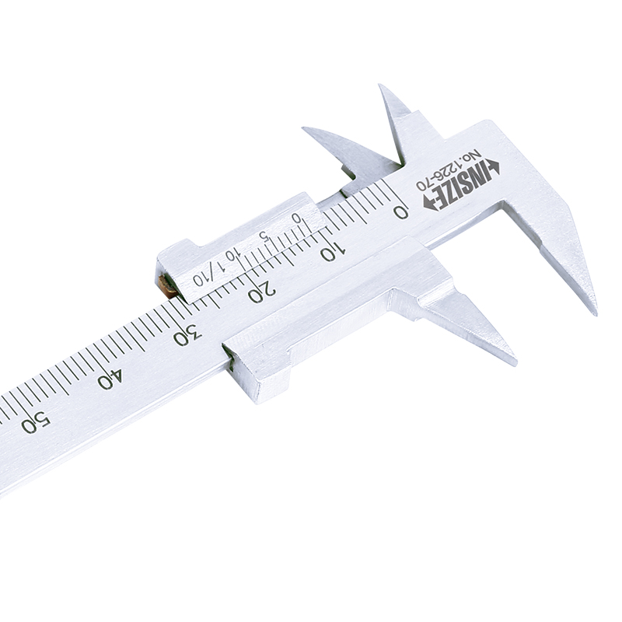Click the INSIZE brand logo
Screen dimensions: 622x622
(x=462, y=185)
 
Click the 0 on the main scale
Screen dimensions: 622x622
(x=400, y=212)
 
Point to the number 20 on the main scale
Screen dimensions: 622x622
(x=261, y=292)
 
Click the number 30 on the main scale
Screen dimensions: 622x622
(x=188, y=334)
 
